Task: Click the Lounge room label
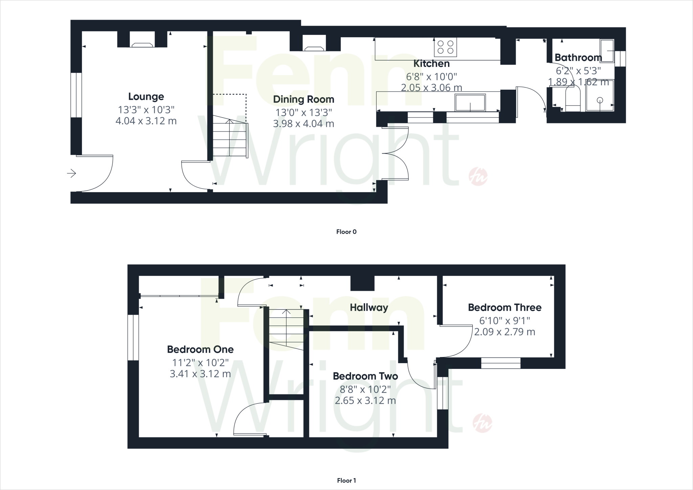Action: click(x=146, y=97)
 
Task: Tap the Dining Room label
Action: click(x=304, y=99)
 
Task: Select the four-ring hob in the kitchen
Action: click(x=445, y=47)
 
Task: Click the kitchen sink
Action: click(x=470, y=103)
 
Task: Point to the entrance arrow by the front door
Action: click(x=71, y=174)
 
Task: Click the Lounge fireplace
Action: click(x=142, y=45)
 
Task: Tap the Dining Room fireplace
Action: click(x=314, y=48)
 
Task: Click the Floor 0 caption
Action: click(x=346, y=232)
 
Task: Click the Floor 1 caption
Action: click(x=346, y=481)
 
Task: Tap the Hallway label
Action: click(x=369, y=308)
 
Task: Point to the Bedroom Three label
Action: click(x=505, y=308)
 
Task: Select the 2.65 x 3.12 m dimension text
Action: click(x=365, y=401)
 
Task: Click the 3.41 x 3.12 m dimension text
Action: click(x=200, y=374)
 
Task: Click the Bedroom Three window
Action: click(x=500, y=363)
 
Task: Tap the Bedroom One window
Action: click(x=133, y=338)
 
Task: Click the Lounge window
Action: click(x=76, y=95)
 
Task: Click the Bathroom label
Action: click(x=578, y=58)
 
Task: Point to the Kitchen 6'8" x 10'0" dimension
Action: click(x=431, y=77)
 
